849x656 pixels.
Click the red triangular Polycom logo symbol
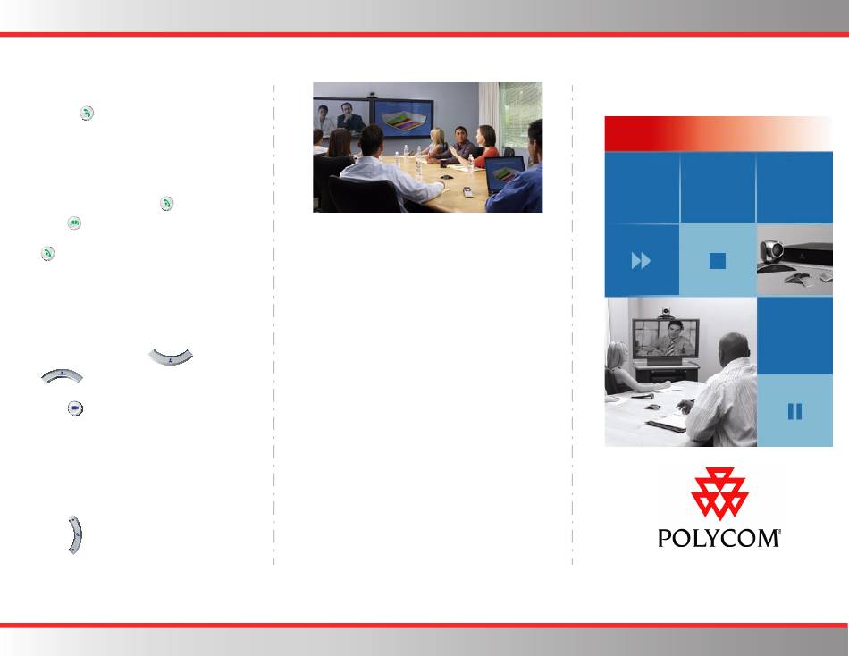(x=719, y=493)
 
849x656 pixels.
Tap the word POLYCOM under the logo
(x=719, y=538)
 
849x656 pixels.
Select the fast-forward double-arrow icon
(x=641, y=261)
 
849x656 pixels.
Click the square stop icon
(x=718, y=261)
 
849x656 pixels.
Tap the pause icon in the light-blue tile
(x=794, y=411)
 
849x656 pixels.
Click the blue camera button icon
(x=75, y=408)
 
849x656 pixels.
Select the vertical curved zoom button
(x=75, y=535)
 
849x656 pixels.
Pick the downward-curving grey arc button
(x=171, y=357)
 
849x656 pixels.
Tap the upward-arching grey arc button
(x=62, y=374)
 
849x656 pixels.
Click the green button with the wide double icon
(x=74, y=223)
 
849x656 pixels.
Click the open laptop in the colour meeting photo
(x=505, y=174)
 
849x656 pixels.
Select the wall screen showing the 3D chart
(x=403, y=119)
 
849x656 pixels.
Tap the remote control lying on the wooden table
(x=467, y=191)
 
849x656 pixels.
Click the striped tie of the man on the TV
(x=671, y=347)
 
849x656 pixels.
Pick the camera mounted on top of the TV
(x=666, y=312)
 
